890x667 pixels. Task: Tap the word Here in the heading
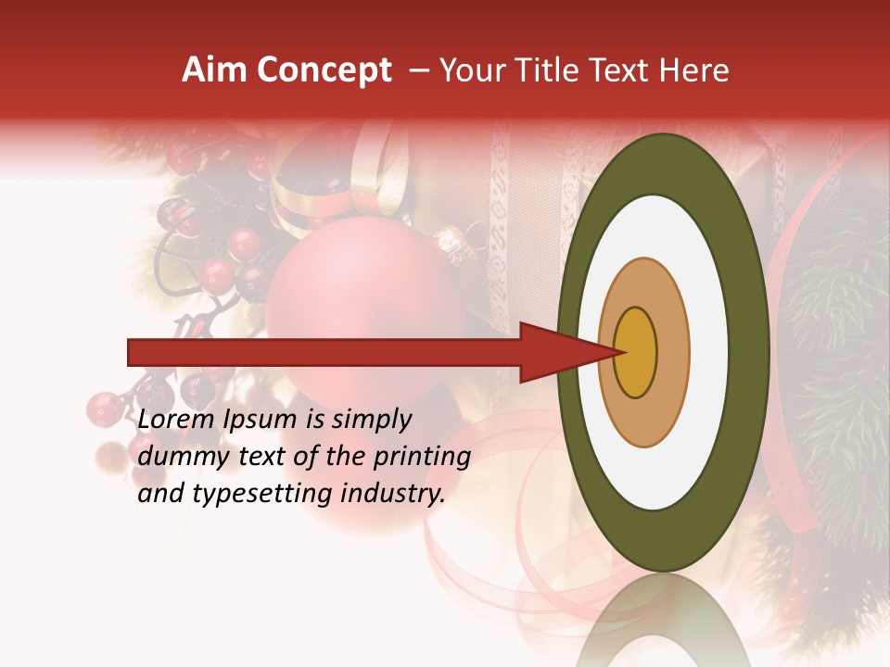tap(694, 70)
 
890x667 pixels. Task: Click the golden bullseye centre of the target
tap(636, 352)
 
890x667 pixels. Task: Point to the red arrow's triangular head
tap(556, 352)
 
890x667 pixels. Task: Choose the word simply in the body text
tap(371, 420)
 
